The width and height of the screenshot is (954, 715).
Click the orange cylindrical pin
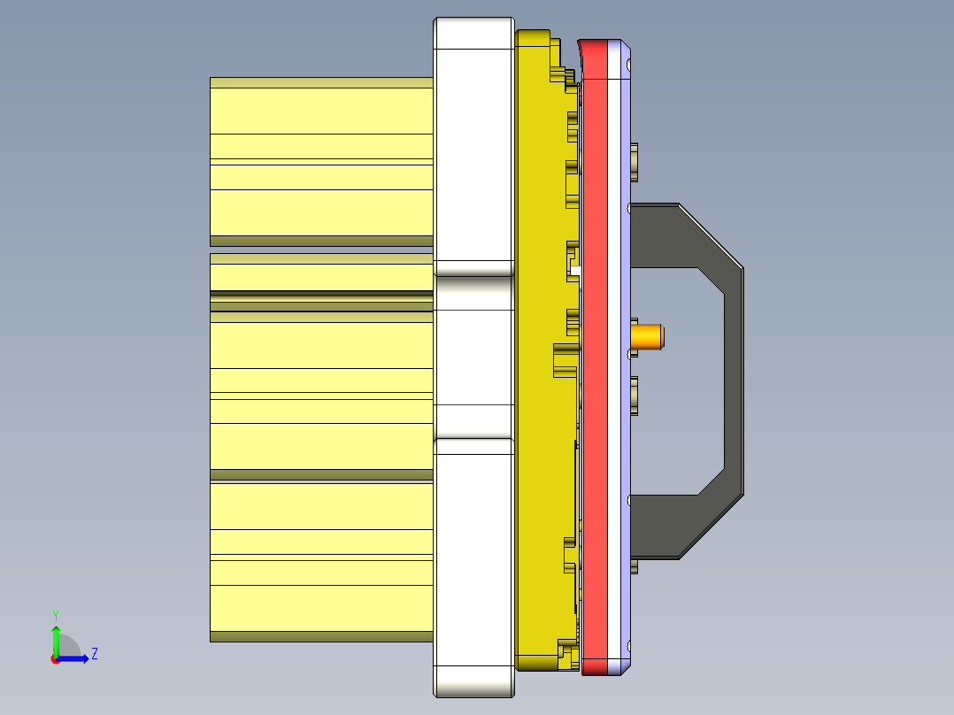pyautogui.click(x=648, y=336)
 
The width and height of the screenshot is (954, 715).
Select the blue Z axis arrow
pyautogui.click(x=74, y=658)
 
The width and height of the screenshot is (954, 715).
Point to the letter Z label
pyautogui.click(x=94, y=654)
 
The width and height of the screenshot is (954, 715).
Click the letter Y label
pyautogui.click(x=55, y=614)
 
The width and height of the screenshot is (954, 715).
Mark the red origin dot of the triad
pyautogui.click(x=55, y=659)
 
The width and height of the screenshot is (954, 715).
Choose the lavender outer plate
pyautogui.click(x=624, y=265)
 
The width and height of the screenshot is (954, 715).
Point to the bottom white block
pyautogui.click(x=473, y=566)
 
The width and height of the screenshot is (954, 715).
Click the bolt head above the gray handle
pyautogui.click(x=635, y=161)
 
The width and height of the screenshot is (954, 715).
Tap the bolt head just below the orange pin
pyautogui.click(x=635, y=395)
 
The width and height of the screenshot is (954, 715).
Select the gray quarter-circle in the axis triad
pyautogui.click(x=68, y=647)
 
